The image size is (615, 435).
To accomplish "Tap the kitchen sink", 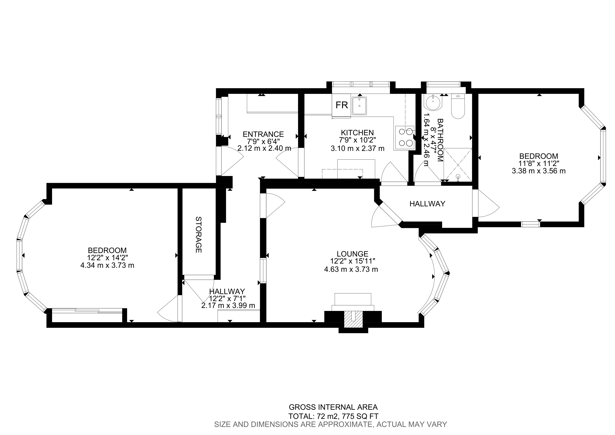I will click(359, 106).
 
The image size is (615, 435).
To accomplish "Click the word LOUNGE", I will click(353, 254).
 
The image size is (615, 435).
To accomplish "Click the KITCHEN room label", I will click(357, 132).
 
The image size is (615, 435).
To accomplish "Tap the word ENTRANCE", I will click(263, 134).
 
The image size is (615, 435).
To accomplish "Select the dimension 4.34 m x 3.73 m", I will click(107, 265).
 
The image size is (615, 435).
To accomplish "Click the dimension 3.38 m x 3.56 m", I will click(539, 171).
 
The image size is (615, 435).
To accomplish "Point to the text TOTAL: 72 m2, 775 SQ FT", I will click(333, 416).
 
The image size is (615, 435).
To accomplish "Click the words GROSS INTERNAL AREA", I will click(333, 407).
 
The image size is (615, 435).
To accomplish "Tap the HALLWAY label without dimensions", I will click(427, 204).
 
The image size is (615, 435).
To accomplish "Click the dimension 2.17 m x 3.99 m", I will click(228, 305).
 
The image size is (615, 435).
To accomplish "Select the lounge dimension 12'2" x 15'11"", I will click(353, 261).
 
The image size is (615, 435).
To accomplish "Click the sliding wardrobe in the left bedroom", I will click(87, 311).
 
